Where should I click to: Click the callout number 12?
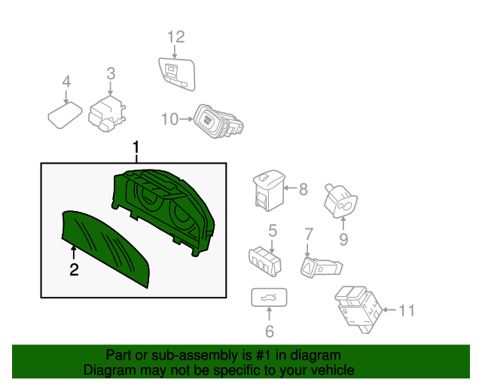(x=176, y=37)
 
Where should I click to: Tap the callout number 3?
(x=111, y=74)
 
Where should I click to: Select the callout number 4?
(x=66, y=81)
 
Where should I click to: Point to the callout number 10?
(x=169, y=119)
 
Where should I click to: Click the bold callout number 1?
(x=136, y=148)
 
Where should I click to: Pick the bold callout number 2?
(x=74, y=270)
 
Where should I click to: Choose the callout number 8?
(x=304, y=189)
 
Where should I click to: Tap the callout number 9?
(x=343, y=240)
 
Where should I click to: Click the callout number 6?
(x=270, y=332)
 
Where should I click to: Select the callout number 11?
(x=407, y=311)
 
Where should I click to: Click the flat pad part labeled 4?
(x=66, y=115)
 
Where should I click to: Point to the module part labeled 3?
(x=107, y=114)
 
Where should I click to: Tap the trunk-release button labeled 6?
(x=270, y=297)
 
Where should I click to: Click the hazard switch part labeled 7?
(x=322, y=268)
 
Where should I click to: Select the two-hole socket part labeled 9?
(x=341, y=201)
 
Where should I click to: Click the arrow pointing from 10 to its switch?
(x=186, y=119)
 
